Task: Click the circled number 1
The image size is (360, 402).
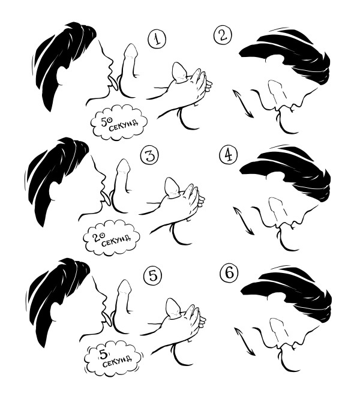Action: tap(157, 39)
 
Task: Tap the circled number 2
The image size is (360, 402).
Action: tap(223, 35)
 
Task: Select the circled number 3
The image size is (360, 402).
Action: tap(150, 155)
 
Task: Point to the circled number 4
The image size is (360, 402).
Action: tap(229, 155)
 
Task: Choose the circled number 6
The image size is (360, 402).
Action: tap(229, 272)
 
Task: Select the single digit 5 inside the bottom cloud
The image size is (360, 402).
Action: tap(103, 355)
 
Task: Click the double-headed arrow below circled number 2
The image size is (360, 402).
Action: tap(243, 103)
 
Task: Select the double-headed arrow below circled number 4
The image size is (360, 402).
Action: tap(244, 220)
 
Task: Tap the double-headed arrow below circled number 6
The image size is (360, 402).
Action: tap(244, 341)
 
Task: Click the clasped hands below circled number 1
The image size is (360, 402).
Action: tap(190, 87)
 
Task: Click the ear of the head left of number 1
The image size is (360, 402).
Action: tap(62, 76)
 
